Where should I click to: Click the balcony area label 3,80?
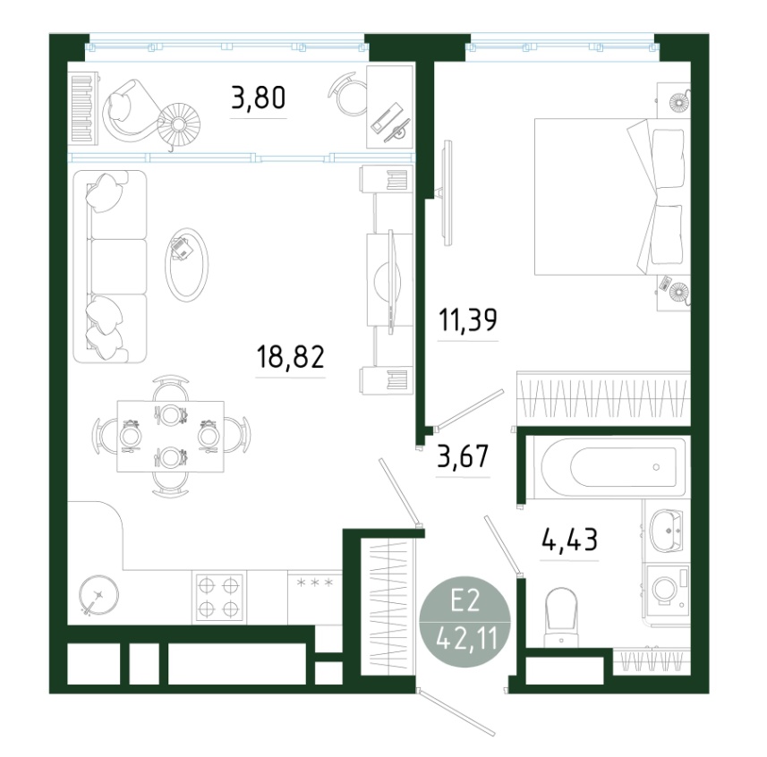(x=259, y=98)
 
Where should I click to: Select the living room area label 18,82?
(x=291, y=357)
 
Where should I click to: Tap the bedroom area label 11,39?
(x=468, y=320)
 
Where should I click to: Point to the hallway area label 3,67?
(x=464, y=456)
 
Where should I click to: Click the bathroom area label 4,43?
(x=570, y=540)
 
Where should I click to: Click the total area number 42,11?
(x=466, y=639)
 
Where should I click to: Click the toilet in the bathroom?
(x=561, y=617)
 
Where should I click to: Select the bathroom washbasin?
(x=666, y=529)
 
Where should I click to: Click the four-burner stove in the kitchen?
(x=219, y=597)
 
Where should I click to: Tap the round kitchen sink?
(x=99, y=595)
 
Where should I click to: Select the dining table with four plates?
(x=170, y=437)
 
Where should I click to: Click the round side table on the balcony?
(x=179, y=123)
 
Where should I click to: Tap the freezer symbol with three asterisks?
(x=314, y=583)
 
